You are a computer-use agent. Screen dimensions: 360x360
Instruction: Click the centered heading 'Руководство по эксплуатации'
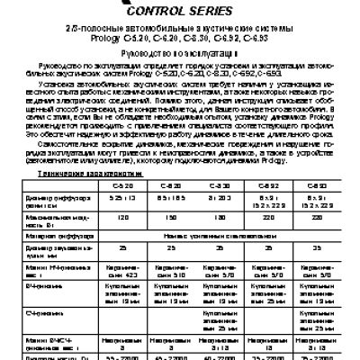179,54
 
